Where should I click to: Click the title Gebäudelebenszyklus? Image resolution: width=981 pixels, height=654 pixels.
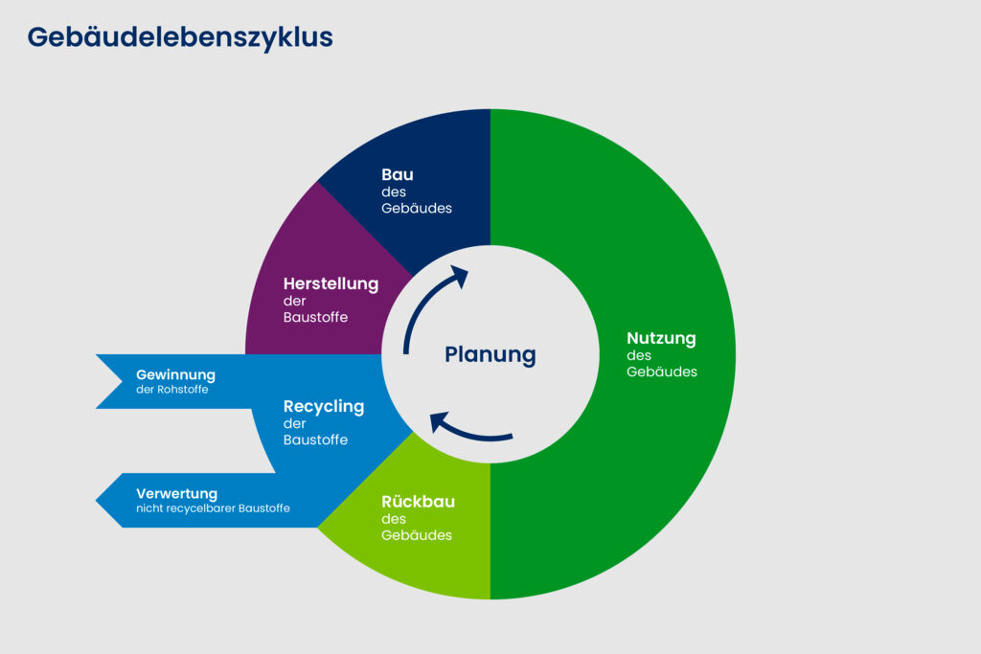point(180,37)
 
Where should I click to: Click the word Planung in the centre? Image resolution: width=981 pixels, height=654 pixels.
point(490,355)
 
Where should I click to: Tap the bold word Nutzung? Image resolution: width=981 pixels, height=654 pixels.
point(661,338)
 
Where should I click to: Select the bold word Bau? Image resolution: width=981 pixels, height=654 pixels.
point(398,174)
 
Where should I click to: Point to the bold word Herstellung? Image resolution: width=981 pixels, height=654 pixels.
point(331,283)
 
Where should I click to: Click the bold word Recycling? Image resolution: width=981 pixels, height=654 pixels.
point(324,406)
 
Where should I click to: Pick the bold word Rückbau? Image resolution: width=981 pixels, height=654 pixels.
point(418,502)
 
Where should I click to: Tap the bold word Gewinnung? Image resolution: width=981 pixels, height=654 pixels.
point(175,374)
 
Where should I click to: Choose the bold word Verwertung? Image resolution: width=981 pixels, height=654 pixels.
point(176,493)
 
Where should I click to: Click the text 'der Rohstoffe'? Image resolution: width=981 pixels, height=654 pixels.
point(172,390)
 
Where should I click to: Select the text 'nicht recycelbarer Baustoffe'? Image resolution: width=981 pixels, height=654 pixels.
point(213,508)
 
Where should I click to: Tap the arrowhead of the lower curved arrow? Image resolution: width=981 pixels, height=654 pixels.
point(438,420)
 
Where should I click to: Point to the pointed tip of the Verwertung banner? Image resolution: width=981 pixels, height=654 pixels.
point(98,500)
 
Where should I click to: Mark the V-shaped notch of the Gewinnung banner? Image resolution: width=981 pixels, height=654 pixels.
point(121,381)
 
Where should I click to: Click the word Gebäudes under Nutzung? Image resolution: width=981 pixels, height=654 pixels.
point(662,372)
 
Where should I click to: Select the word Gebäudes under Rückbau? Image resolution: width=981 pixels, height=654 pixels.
point(417,535)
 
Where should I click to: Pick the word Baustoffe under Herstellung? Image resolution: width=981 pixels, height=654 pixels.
point(315,317)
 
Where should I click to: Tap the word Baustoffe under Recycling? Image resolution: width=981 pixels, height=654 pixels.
point(315,440)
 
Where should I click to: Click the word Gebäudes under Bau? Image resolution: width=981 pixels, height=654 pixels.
point(417,208)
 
